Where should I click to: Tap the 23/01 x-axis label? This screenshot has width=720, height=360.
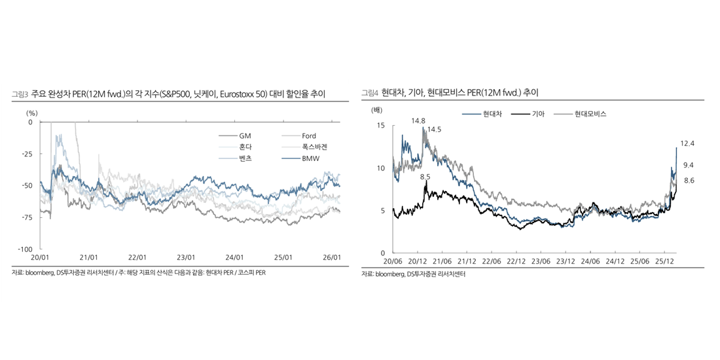(187, 257)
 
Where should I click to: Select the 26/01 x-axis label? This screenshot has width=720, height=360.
(333, 257)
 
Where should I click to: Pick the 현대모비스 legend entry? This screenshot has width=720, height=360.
(590, 114)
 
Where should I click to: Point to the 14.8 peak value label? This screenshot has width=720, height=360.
(418, 121)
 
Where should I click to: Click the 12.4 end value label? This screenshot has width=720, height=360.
(687, 143)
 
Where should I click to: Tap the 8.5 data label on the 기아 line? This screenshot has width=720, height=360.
(425, 177)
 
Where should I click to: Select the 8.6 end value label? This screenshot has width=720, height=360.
(689, 180)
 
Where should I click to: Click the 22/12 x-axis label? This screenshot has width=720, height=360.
(516, 261)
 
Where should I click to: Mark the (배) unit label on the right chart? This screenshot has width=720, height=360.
(376, 111)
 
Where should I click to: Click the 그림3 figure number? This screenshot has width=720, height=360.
(20, 96)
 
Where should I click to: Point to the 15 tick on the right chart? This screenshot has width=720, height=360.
(382, 125)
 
